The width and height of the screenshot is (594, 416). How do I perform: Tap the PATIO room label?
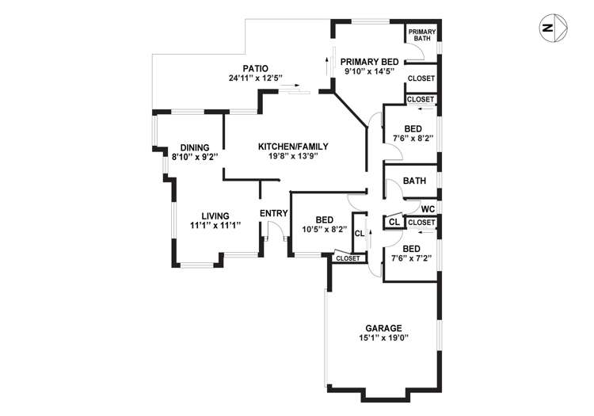256,68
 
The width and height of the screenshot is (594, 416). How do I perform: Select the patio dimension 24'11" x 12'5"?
256,78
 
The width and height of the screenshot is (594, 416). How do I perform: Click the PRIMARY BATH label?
422,35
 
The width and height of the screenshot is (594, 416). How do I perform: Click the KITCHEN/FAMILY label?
293,146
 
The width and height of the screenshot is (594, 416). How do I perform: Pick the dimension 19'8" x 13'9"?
293,156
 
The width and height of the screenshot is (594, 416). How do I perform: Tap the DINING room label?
194,147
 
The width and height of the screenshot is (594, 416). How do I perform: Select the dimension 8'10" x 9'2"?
194,157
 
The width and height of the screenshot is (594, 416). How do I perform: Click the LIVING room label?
215,216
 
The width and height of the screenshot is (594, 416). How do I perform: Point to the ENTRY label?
274,212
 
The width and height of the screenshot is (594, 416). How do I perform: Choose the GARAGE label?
383,328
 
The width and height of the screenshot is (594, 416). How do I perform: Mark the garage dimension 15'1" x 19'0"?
383,338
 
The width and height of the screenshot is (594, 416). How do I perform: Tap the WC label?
428,209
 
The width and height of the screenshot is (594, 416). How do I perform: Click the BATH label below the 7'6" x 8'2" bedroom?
414,181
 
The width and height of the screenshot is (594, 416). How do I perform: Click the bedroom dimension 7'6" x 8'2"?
413,139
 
